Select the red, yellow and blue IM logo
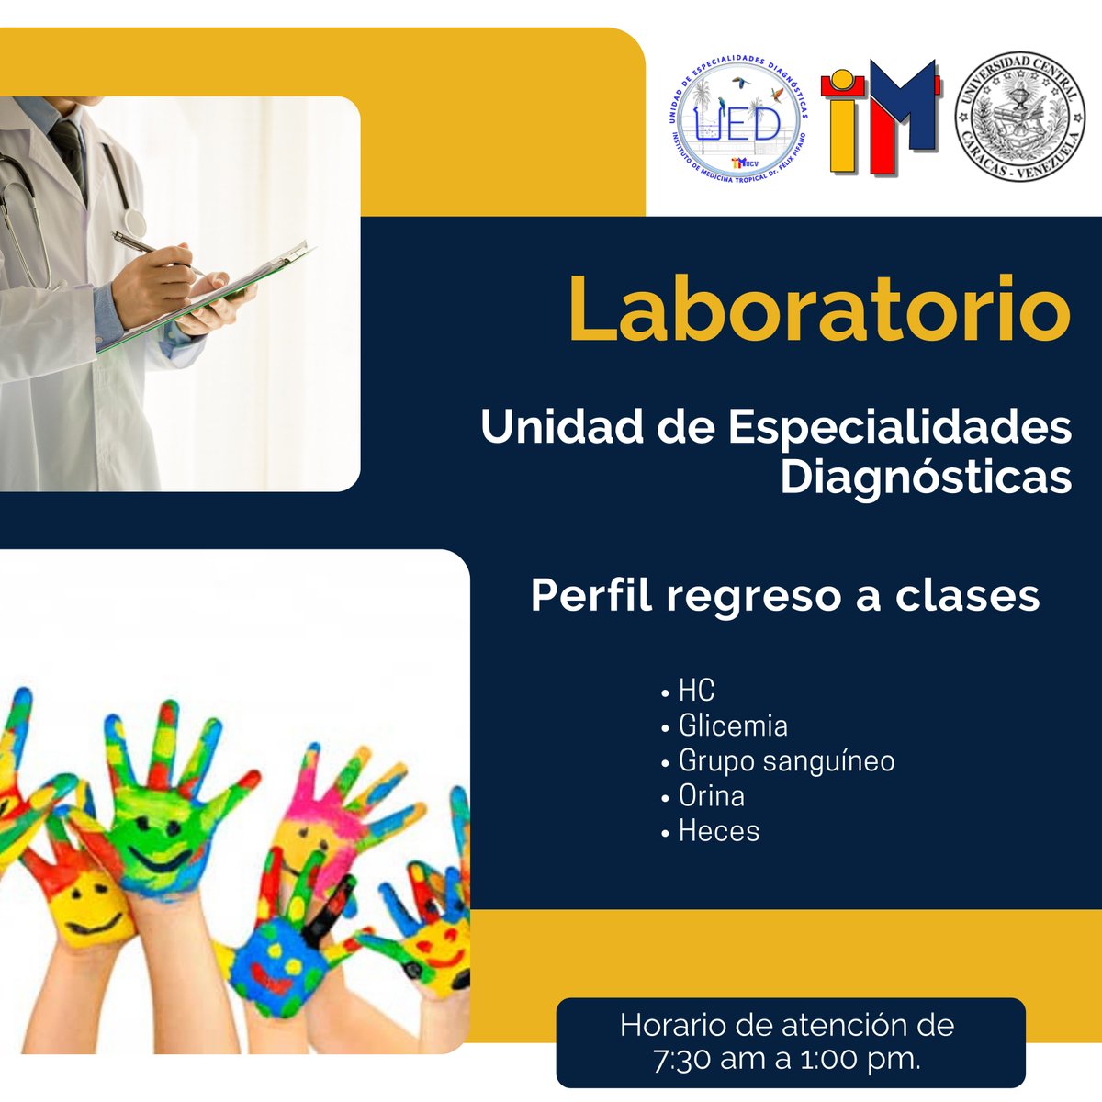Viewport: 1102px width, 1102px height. pyautogui.click(x=880, y=117)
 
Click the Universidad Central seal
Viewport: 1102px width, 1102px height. pyautogui.click(x=1020, y=117)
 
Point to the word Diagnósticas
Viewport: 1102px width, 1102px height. pyautogui.click(x=926, y=478)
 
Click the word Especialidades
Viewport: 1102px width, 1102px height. pyautogui.click(x=900, y=427)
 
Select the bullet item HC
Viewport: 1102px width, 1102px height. pyautogui.click(x=695, y=691)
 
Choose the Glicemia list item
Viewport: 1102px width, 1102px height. pyautogui.click(x=732, y=725)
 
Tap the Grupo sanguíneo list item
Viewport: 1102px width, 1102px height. pyautogui.click(x=785, y=761)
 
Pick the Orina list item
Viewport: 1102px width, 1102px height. pyautogui.click(x=711, y=795)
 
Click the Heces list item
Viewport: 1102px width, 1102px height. pyautogui.click(x=718, y=831)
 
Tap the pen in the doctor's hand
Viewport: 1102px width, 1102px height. pyautogui.click(x=152, y=249)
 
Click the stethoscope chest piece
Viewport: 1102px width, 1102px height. pyautogui.click(x=134, y=221)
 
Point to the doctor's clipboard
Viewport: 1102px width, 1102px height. pyautogui.click(x=230, y=294)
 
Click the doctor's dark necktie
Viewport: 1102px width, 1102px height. pyautogui.click(x=68, y=147)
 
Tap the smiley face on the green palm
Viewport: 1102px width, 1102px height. pyautogui.click(x=152, y=840)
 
